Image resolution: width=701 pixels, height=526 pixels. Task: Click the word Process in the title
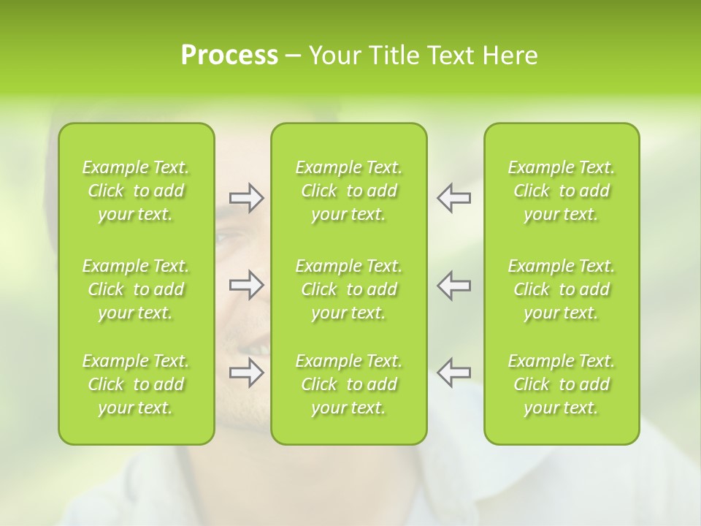point(229,56)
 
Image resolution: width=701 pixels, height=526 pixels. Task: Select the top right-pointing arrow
point(247,198)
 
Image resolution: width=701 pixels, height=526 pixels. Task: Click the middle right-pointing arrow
point(247,285)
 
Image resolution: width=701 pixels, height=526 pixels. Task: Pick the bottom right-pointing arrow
point(247,373)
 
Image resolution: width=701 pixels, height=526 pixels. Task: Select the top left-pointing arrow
point(453,198)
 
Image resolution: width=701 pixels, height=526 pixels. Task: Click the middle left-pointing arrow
point(453,285)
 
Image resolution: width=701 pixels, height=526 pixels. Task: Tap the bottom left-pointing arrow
point(453,373)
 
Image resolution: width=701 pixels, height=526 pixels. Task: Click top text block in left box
point(136,191)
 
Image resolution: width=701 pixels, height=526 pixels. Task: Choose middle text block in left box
point(136,289)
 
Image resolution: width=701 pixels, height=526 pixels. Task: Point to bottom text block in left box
point(136,384)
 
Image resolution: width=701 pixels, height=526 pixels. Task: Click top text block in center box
point(348,191)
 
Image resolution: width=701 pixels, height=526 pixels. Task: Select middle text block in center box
point(348,289)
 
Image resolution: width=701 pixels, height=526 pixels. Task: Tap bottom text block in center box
point(348,384)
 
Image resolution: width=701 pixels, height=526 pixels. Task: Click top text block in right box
point(561,191)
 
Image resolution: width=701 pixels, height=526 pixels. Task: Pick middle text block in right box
point(561,289)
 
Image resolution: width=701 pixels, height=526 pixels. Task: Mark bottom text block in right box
point(561,384)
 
